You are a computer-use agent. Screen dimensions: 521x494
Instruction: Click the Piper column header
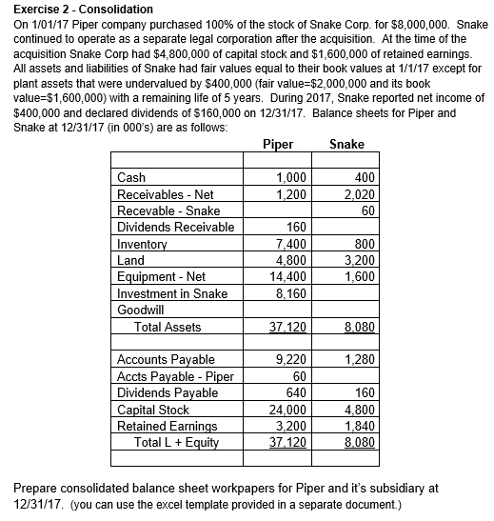click(x=276, y=146)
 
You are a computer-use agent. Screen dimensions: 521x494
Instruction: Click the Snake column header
click(x=346, y=146)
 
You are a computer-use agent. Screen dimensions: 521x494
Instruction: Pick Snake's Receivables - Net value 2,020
click(x=356, y=194)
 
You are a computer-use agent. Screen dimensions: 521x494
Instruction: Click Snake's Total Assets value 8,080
click(x=356, y=327)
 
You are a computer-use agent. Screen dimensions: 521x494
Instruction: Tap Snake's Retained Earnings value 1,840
click(x=356, y=425)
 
